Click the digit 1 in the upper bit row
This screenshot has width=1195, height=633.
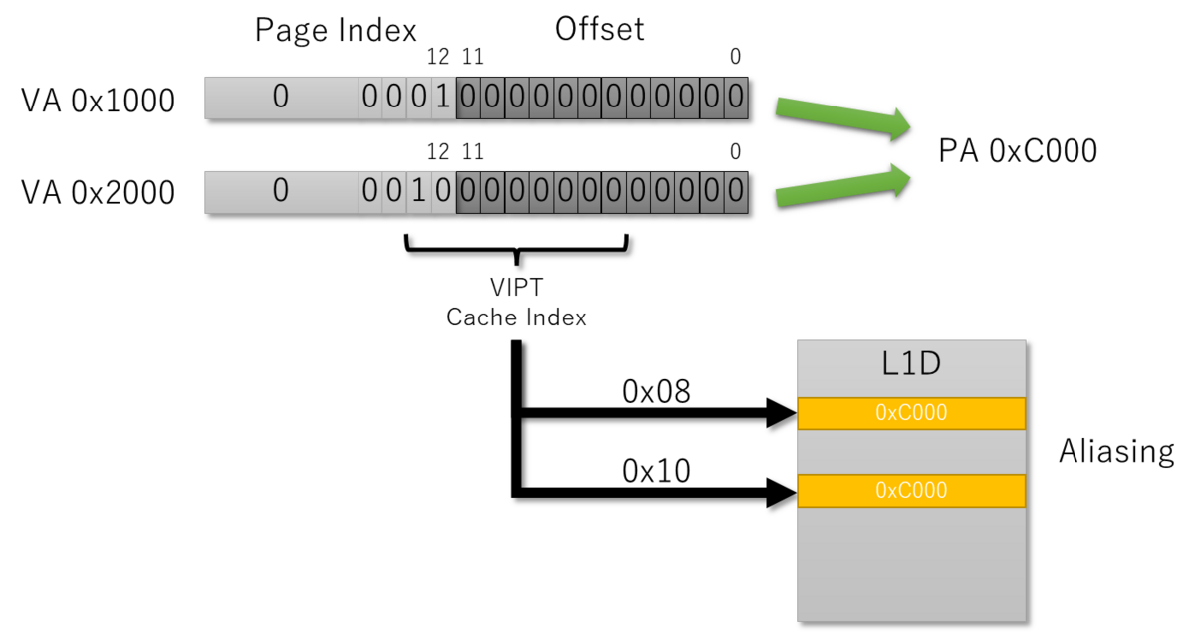[x=444, y=98]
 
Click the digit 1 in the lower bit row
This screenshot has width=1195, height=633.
[x=419, y=191]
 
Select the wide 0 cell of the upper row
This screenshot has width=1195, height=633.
[x=281, y=98]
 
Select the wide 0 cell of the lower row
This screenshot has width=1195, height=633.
[x=281, y=191]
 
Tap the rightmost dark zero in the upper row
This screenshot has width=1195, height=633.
[x=735, y=98]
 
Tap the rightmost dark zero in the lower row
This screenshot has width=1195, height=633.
[x=735, y=191]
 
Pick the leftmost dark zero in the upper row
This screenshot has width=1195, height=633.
[x=468, y=98]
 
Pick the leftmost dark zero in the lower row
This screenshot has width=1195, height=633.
[x=468, y=191]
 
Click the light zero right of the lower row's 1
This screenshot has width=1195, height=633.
[x=444, y=191]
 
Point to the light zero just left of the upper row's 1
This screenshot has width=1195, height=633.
[x=419, y=98]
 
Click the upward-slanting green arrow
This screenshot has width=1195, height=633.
[x=841, y=187]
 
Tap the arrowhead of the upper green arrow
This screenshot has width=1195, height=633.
[x=901, y=124]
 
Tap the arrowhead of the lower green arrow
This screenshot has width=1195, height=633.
[x=901, y=179]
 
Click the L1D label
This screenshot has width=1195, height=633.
[x=911, y=365]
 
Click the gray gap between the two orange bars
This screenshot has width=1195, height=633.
[x=911, y=451]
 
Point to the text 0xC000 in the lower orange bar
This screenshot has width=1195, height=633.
[x=911, y=491]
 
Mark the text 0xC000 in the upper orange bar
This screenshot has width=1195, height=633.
[x=911, y=413]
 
